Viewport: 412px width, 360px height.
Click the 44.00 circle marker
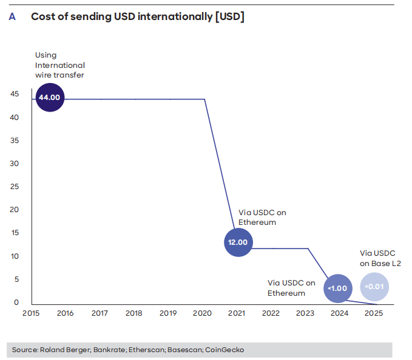click(50, 97)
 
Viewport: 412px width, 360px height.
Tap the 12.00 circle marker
click(238, 242)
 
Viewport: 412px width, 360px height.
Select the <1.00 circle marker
click(337, 288)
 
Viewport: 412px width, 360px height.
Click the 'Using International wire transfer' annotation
click(59, 65)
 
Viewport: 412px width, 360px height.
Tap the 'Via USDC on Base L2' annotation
click(380, 258)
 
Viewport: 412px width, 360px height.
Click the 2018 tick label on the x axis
click(133, 313)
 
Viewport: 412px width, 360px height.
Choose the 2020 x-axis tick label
click(202, 313)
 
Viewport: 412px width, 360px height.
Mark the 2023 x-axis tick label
click(305, 313)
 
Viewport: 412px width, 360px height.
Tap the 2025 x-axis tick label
click(374, 313)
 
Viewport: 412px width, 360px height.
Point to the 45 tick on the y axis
click(15, 94)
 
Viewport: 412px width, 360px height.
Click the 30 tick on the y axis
click(15, 164)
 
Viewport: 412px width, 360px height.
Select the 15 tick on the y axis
click(15, 233)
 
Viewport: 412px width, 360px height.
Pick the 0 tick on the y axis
click(16, 302)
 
